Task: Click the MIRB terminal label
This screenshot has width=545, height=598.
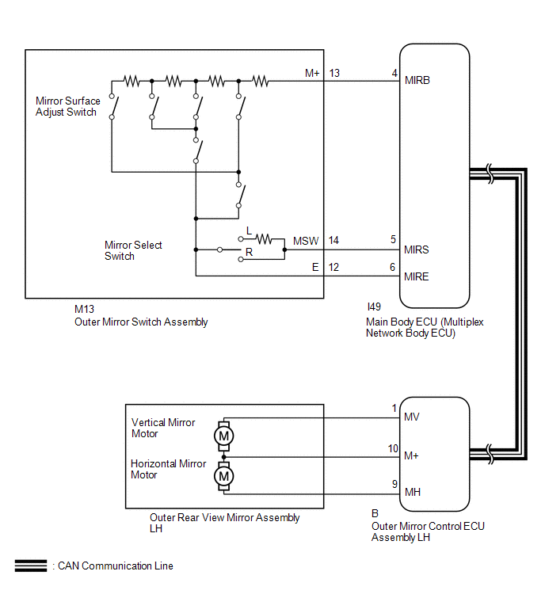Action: pyautogui.click(x=417, y=80)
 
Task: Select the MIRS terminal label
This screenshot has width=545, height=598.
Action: pyautogui.click(x=417, y=249)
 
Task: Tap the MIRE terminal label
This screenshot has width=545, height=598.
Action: pyautogui.click(x=417, y=276)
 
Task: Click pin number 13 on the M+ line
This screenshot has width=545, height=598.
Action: pyautogui.click(x=334, y=73)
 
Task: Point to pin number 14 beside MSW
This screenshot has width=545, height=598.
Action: pyautogui.click(x=334, y=240)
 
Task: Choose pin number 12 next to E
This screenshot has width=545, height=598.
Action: pyautogui.click(x=334, y=268)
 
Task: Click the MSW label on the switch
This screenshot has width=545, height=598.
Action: pyautogui.click(x=306, y=240)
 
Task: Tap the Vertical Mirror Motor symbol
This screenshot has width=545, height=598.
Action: pyautogui.click(x=224, y=435)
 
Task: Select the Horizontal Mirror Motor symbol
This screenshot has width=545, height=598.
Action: pyautogui.click(x=224, y=476)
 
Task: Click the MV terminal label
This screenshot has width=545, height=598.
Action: pyautogui.click(x=412, y=417)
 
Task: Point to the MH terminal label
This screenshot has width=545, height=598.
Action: pyautogui.click(x=412, y=492)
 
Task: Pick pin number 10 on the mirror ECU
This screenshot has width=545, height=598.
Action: pyautogui.click(x=393, y=448)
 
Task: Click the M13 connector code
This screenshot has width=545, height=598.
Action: pyautogui.click(x=84, y=310)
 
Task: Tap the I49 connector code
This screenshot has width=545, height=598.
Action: pyautogui.click(x=374, y=306)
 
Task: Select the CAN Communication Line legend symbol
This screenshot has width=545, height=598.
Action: pyautogui.click(x=31, y=566)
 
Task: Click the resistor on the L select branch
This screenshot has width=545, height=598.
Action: pyautogui.click(x=263, y=238)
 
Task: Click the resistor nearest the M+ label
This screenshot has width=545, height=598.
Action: pyautogui.click(x=260, y=80)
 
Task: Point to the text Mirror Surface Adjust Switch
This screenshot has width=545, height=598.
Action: pyautogui.click(x=68, y=107)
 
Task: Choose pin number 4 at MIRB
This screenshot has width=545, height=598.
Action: pyautogui.click(x=394, y=73)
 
